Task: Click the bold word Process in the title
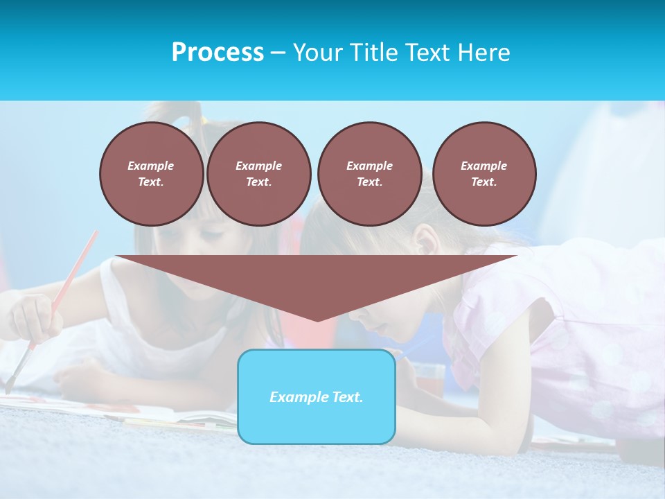218,53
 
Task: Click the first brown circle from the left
151,174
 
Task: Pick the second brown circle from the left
258,174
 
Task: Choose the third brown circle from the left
369,174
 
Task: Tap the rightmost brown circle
484,174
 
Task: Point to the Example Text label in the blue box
317,397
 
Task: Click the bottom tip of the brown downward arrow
317,320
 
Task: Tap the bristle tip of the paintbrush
9,388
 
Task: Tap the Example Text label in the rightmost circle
484,174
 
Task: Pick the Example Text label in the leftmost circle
151,174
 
